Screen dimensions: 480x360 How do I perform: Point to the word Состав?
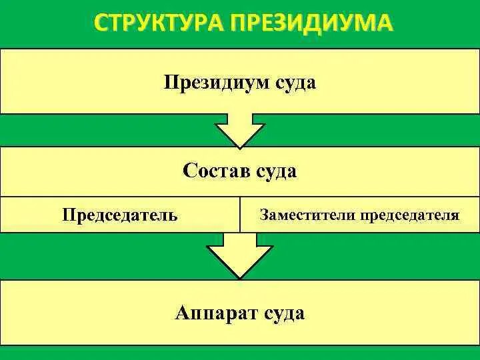(x=215, y=171)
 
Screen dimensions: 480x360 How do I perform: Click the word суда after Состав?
(x=275, y=171)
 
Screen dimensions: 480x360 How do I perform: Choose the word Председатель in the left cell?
(x=120, y=215)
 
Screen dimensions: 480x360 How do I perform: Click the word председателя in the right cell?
(x=410, y=215)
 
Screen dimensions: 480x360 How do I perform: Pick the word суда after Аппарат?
(x=283, y=313)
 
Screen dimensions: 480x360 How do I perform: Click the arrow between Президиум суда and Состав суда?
(x=239, y=131)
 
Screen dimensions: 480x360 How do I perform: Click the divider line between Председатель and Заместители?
(x=239, y=215)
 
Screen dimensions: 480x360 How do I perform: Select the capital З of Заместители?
(x=264, y=215)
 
